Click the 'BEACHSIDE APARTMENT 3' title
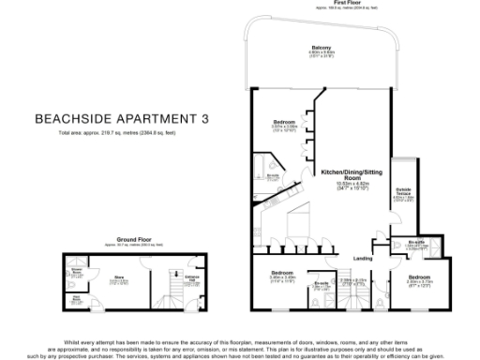tap(121, 119)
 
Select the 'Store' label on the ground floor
tap(119, 278)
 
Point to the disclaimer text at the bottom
tap(240, 346)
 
